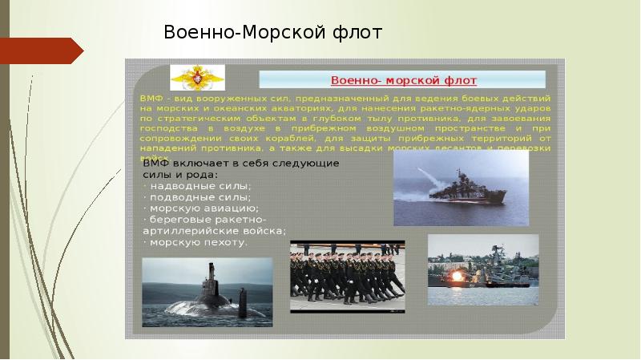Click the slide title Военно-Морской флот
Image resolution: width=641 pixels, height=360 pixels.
[x=273, y=32]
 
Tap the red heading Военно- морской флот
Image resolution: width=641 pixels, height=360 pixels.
[x=404, y=80]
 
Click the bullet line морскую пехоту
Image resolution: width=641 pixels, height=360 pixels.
[x=197, y=241]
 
